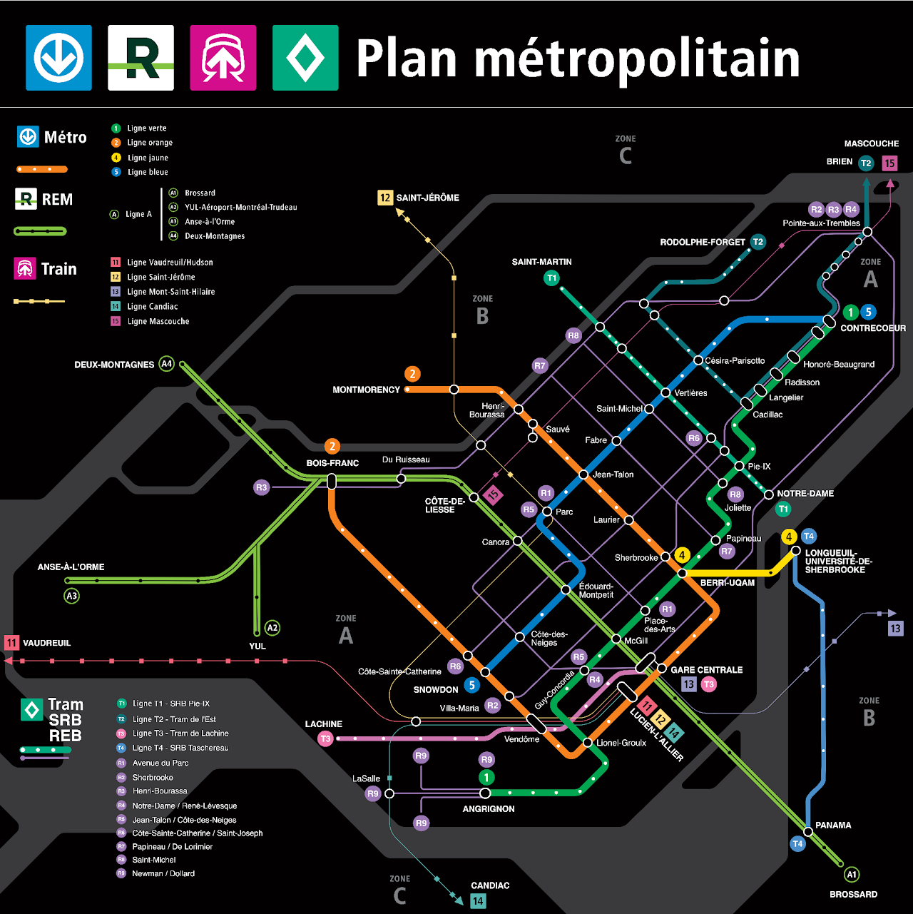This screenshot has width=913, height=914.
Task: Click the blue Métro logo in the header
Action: [x=58, y=58]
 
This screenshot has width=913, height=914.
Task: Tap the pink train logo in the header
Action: [x=223, y=58]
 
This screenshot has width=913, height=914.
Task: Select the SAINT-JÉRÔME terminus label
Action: [x=427, y=198]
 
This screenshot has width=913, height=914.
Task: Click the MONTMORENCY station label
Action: [x=366, y=390]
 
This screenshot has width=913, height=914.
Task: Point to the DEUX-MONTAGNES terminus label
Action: [x=114, y=365]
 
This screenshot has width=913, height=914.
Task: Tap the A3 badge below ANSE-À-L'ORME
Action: [x=71, y=596]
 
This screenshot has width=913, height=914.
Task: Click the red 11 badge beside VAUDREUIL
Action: [x=11, y=643]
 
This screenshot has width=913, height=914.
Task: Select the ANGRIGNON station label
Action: [x=488, y=808]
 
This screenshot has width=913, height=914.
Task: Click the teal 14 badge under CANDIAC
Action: [x=478, y=901]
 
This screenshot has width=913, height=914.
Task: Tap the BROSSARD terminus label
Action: [x=853, y=894]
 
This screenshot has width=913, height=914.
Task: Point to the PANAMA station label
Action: [x=833, y=825]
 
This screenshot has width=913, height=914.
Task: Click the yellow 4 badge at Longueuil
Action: [x=789, y=537]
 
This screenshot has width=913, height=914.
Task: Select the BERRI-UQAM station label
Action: [x=727, y=582]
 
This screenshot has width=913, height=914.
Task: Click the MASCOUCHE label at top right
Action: [x=871, y=143]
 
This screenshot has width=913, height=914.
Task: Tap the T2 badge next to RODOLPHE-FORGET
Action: [x=758, y=242]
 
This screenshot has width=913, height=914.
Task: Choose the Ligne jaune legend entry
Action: [x=148, y=158]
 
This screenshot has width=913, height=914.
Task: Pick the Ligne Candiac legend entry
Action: [x=153, y=306]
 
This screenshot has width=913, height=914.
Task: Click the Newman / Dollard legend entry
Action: [x=163, y=873]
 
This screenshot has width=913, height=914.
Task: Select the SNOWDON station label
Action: [x=436, y=689]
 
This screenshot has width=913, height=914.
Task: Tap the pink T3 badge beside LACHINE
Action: [x=326, y=738]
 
